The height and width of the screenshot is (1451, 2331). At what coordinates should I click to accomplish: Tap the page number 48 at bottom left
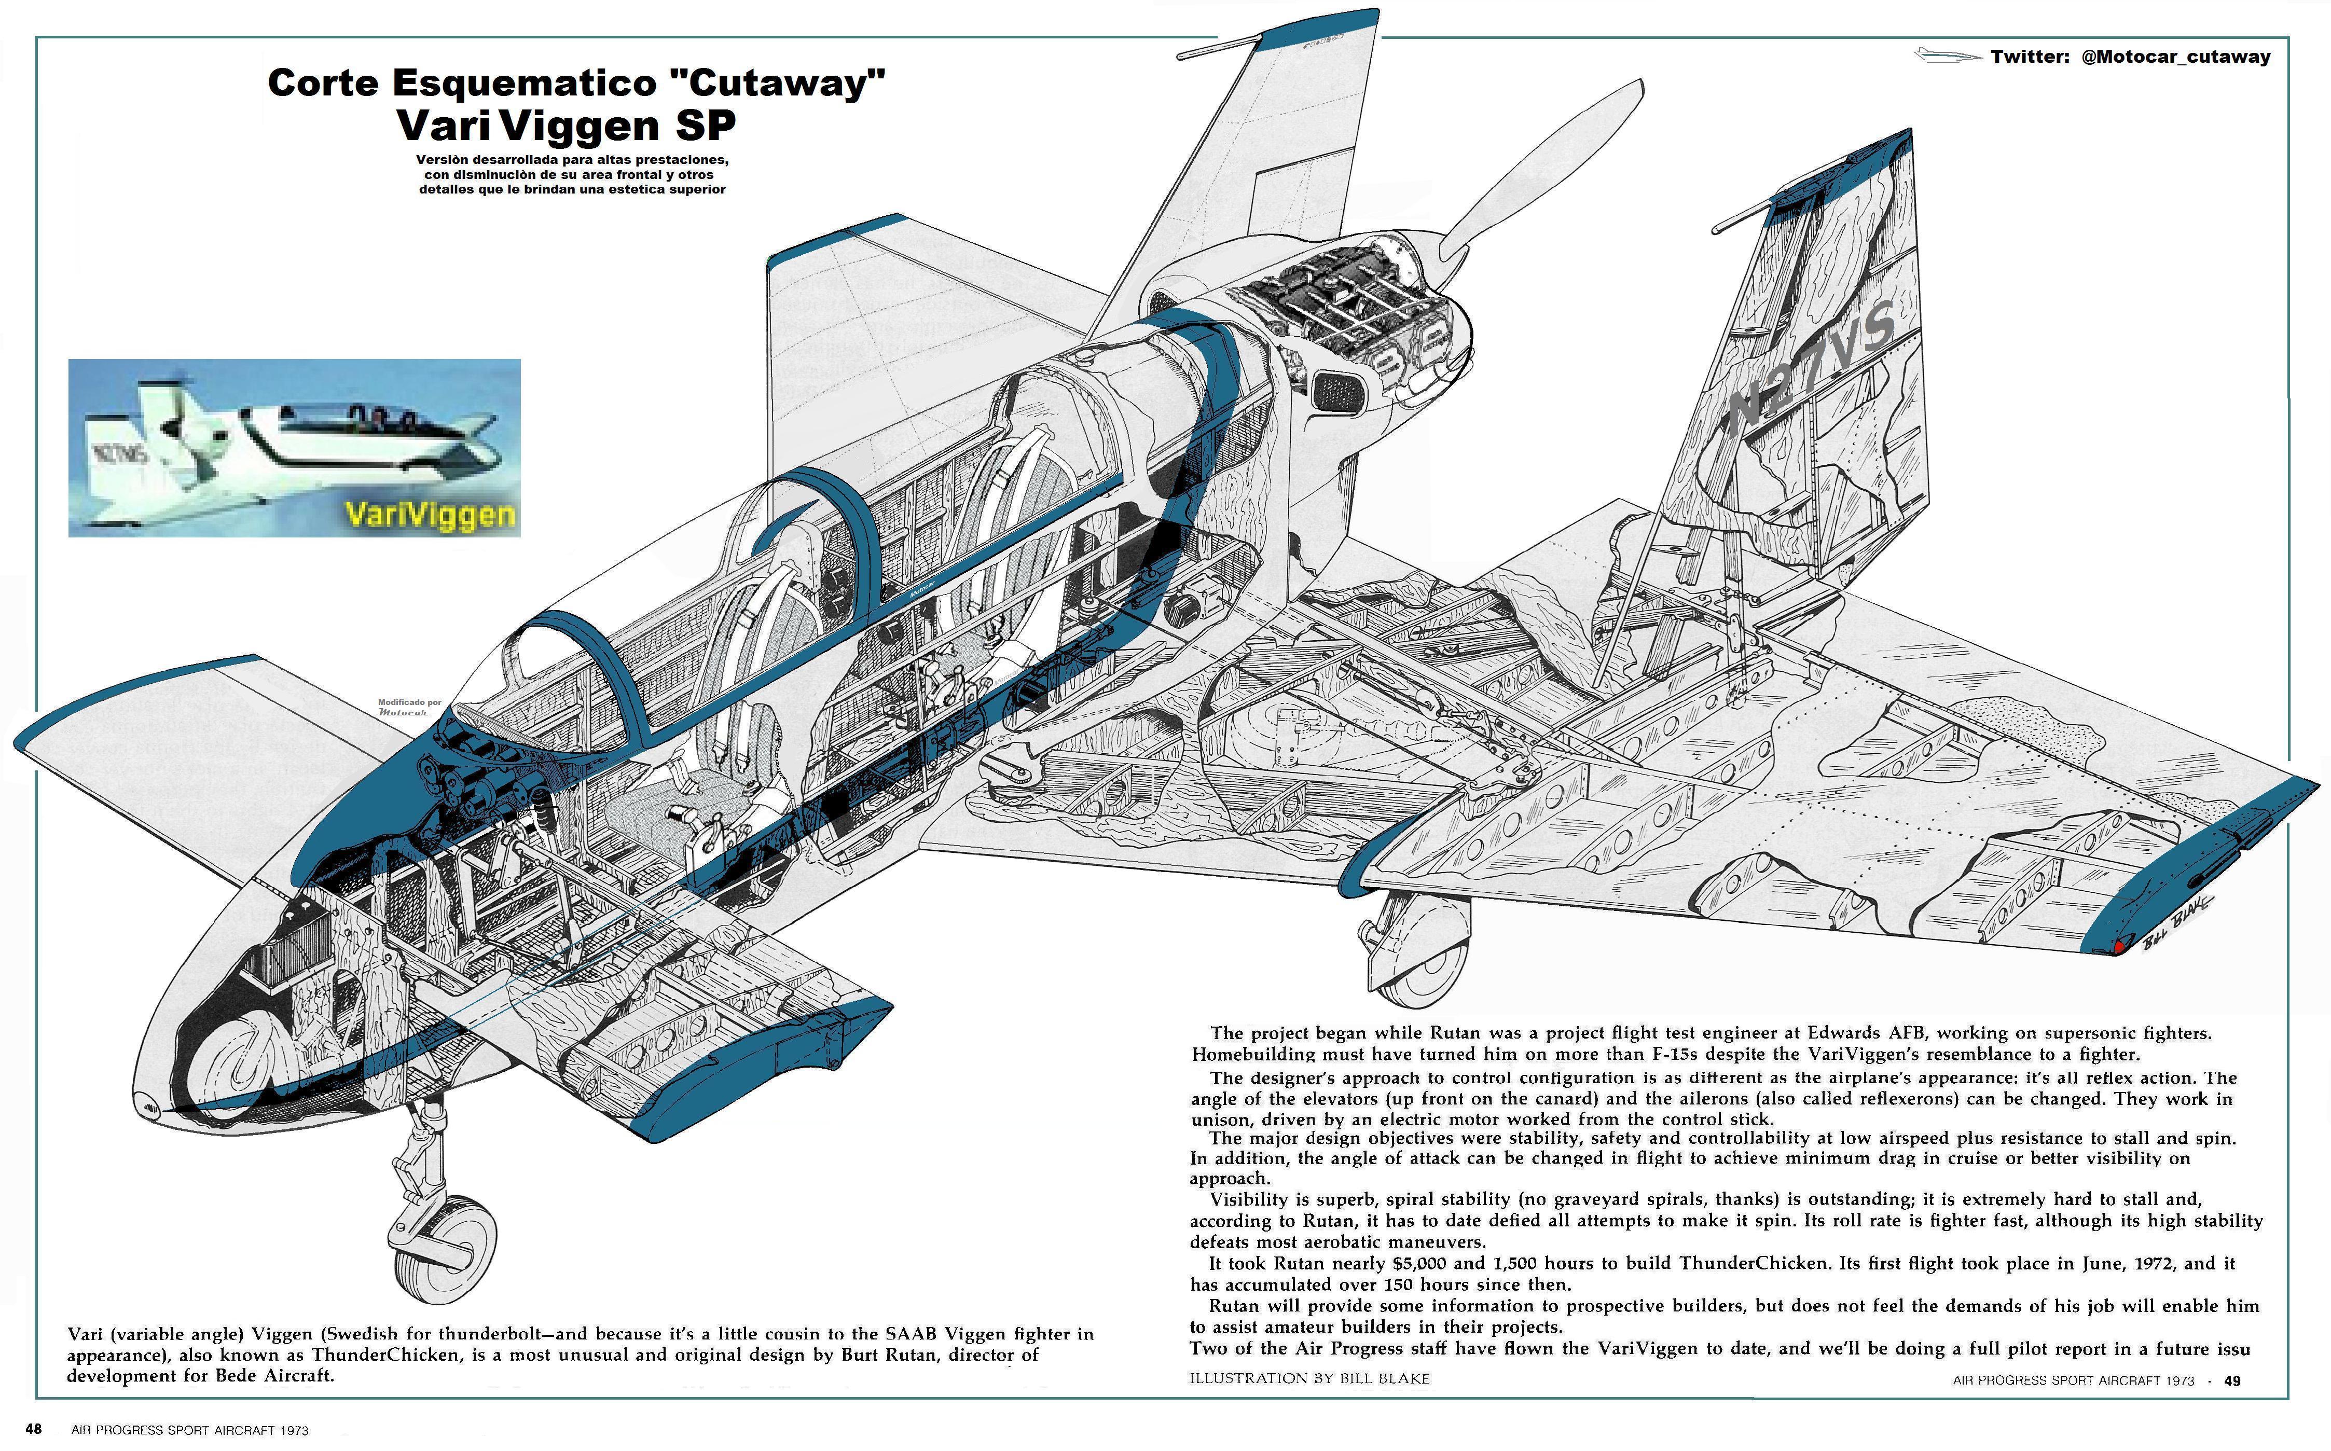tap(34, 1429)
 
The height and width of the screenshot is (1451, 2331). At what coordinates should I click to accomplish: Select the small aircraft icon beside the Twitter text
tap(1946, 56)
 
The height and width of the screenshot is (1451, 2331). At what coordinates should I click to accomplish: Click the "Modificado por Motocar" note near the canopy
tap(410, 707)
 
